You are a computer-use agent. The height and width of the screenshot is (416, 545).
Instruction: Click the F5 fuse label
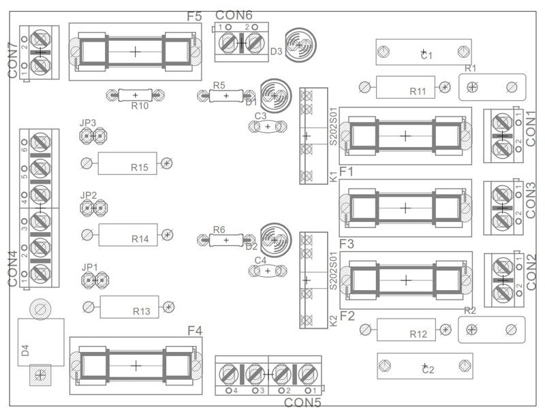tap(193, 16)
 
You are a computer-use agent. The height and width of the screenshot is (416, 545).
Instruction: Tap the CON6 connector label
tap(234, 15)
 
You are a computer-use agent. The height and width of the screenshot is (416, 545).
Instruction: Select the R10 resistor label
tap(140, 106)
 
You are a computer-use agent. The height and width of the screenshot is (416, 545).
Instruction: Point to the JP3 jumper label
tap(88, 123)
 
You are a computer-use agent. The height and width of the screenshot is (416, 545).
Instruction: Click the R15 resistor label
tap(140, 167)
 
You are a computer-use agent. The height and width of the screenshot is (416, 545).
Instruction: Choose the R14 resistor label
tap(140, 239)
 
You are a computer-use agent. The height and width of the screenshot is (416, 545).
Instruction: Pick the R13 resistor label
tap(141, 311)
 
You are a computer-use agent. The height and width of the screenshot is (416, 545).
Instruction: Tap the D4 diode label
tap(25, 351)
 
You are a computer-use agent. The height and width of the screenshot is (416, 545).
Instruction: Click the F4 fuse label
tap(195, 331)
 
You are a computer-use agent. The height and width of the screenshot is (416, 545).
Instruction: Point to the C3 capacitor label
tap(260, 116)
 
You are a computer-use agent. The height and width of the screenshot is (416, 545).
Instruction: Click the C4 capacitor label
tap(260, 260)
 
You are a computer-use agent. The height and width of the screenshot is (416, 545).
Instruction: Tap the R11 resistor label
tap(418, 92)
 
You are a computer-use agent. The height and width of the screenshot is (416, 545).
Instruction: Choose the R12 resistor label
tap(418, 334)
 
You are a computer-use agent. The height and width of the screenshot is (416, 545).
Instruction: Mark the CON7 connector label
tap(12, 59)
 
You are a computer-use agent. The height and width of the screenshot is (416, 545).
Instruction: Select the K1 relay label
tap(333, 176)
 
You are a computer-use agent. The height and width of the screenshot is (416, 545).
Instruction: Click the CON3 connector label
tap(530, 199)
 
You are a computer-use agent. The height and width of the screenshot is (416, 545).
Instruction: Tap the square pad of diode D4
tap(40, 374)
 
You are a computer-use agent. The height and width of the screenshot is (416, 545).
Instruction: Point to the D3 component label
tap(276, 51)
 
